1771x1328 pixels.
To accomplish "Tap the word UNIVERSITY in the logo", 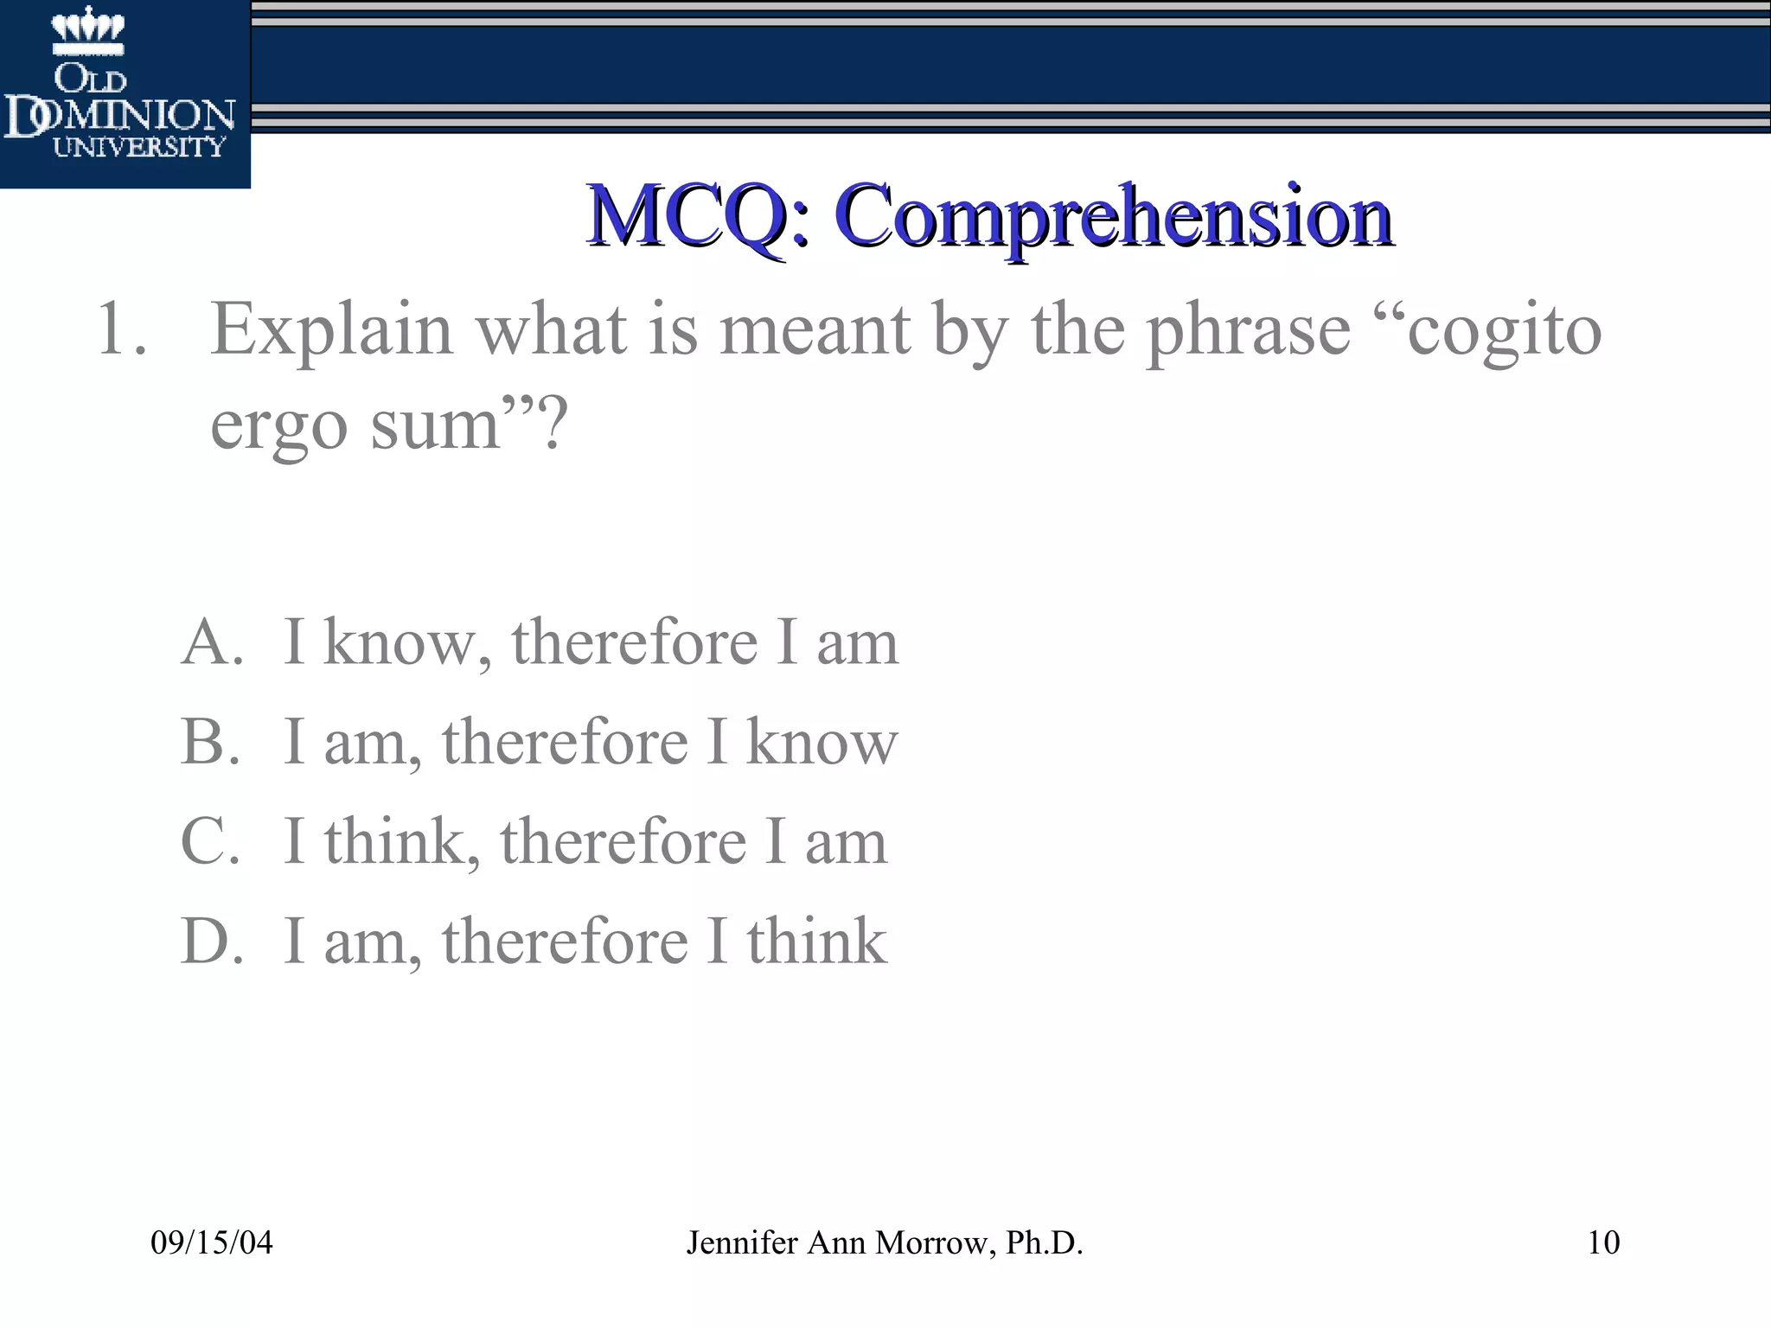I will (x=138, y=147).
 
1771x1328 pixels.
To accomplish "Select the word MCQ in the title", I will (x=685, y=215).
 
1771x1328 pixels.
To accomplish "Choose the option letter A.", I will (x=210, y=642).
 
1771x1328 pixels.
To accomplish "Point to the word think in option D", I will (x=817, y=941).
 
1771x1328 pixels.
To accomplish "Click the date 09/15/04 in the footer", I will (x=212, y=1242).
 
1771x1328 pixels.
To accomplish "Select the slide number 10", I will (x=1603, y=1242).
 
